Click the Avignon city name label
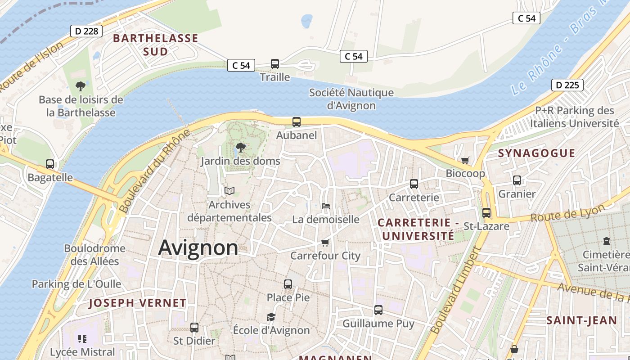point(198,248)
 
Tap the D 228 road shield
point(86,31)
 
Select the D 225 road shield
point(567,85)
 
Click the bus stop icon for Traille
point(275,64)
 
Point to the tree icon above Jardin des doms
point(241,147)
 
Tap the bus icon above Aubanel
point(297,122)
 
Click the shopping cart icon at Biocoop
point(465,160)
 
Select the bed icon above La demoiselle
point(326,206)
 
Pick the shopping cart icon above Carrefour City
point(325,243)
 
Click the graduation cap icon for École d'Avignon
point(271,317)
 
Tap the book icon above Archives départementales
point(229,191)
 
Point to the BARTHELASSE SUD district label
point(156,45)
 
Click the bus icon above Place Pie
point(288,284)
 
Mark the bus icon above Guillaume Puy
point(378,310)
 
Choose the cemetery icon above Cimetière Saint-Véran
point(607,241)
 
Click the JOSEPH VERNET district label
point(137,303)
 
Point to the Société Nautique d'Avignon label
point(351,99)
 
